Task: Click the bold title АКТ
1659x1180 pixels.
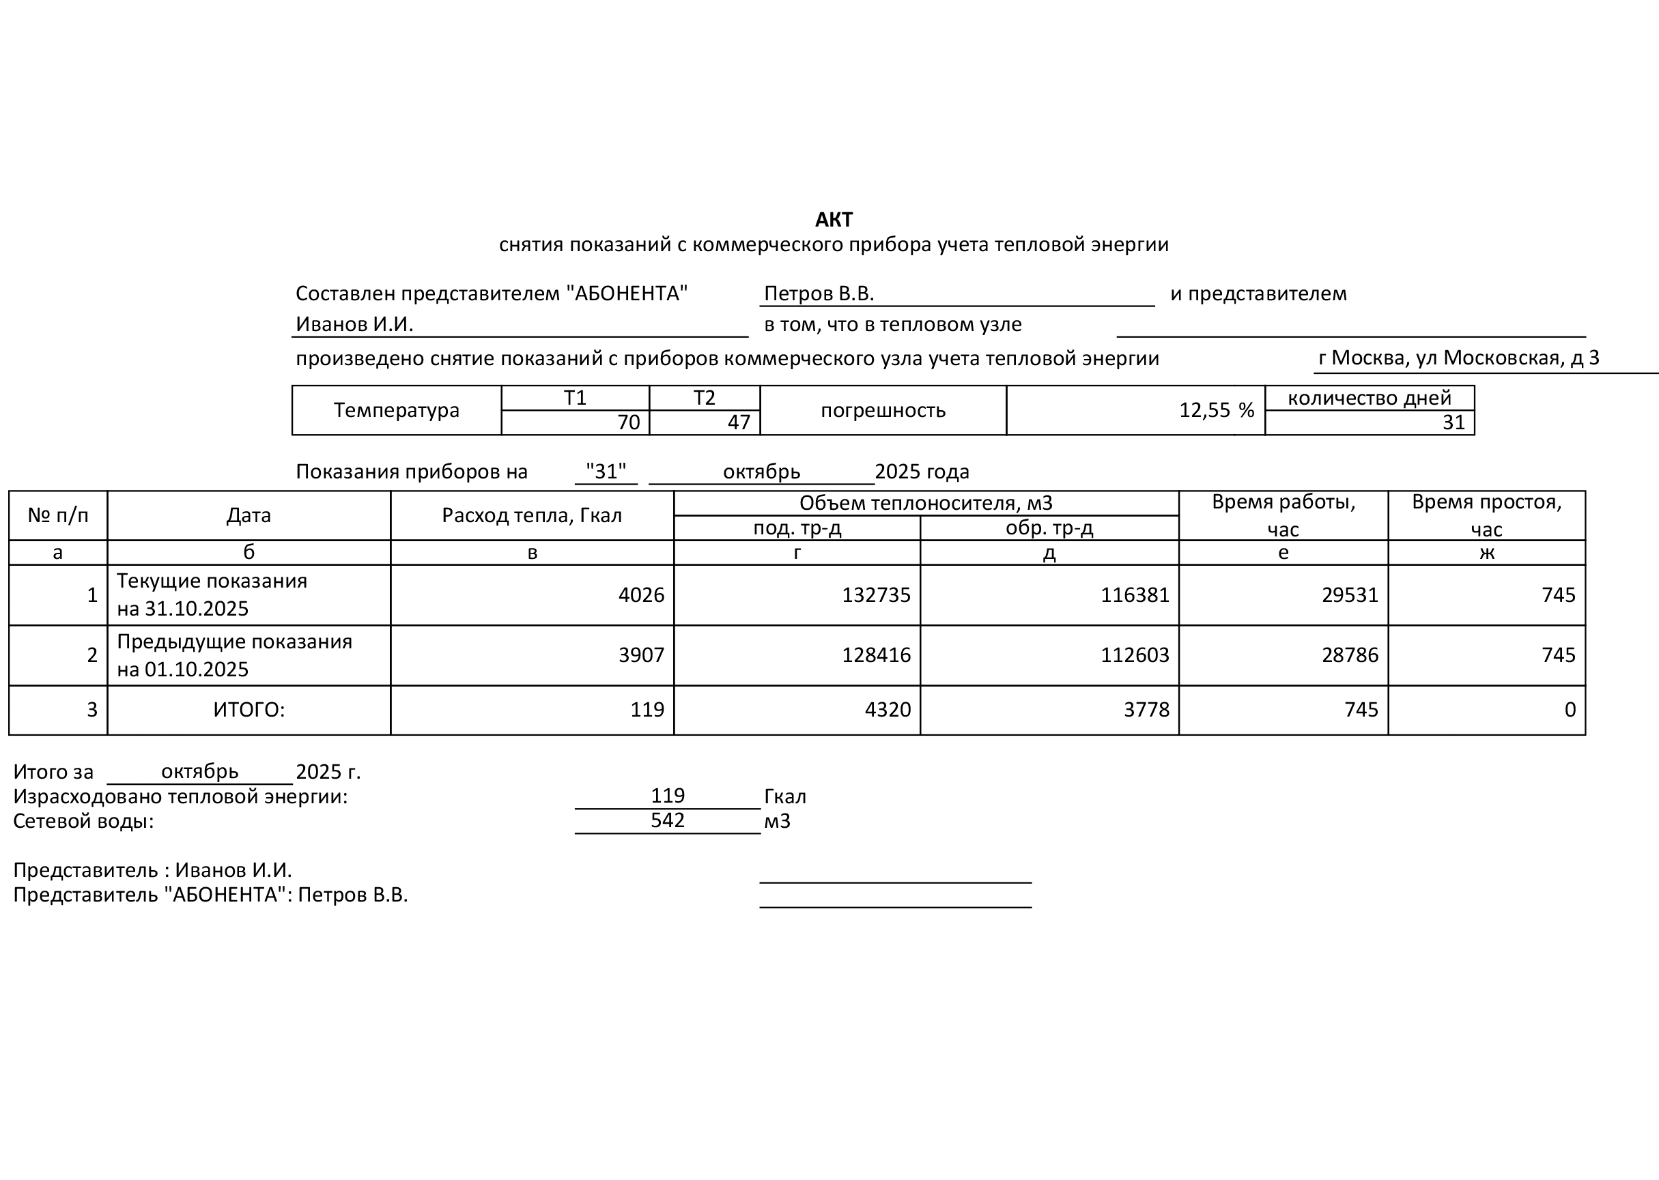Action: pyautogui.click(x=834, y=220)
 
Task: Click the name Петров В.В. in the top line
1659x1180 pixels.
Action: pyautogui.click(x=819, y=293)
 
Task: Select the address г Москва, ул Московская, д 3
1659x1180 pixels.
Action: pyautogui.click(x=1458, y=358)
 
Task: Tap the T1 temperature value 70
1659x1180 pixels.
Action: pyautogui.click(x=628, y=422)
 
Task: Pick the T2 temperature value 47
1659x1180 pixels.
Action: pyautogui.click(x=738, y=422)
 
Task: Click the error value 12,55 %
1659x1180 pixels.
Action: pyautogui.click(x=1217, y=411)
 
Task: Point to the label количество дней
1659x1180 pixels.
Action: pyautogui.click(x=1369, y=398)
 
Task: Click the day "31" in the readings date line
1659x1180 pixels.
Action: pyautogui.click(x=606, y=472)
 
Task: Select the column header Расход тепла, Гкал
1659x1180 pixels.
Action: pyautogui.click(x=532, y=515)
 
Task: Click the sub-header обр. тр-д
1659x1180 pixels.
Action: pyautogui.click(x=1049, y=528)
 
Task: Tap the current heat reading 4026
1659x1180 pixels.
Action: pyautogui.click(x=641, y=595)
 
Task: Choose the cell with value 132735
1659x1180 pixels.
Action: pyautogui.click(x=876, y=595)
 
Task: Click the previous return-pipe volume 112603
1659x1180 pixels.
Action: pyautogui.click(x=1135, y=655)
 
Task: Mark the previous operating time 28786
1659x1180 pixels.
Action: pyautogui.click(x=1350, y=655)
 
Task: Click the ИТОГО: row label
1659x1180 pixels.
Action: pyautogui.click(x=249, y=710)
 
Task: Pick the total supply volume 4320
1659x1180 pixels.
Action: pyautogui.click(x=888, y=710)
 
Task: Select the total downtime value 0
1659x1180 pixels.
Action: pyautogui.click(x=1570, y=710)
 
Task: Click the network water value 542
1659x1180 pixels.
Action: pyautogui.click(x=667, y=820)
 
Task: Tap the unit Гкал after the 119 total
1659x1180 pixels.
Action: pyautogui.click(x=785, y=797)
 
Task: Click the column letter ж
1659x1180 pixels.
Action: pyautogui.click(x=1486, y=553)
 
